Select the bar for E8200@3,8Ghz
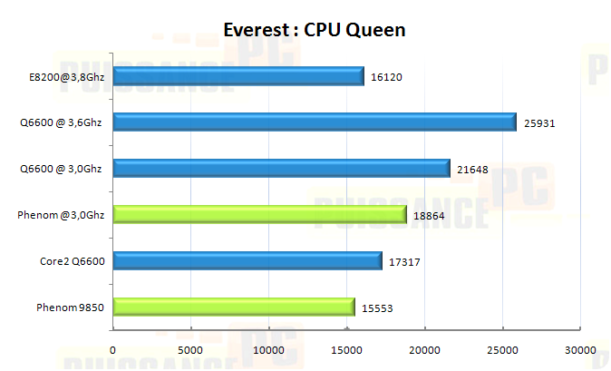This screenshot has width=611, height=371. tap(238, 76)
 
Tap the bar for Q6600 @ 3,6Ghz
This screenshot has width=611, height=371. tap(314, 122)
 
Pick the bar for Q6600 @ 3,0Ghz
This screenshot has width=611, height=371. tap(281, 169)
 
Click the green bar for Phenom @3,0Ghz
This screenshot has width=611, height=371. tap(259, 215)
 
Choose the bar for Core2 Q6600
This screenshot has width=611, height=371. tap(247, 261)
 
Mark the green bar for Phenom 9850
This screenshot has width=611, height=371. tap(233, 308)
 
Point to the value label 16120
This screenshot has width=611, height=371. tap(386, 77)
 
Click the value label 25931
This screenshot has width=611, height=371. tap(539, 123)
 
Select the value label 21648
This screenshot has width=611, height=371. tap(472, 170)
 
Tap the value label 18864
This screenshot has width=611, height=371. tap(429, 216)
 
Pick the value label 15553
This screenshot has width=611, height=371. tap(377, 308)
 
